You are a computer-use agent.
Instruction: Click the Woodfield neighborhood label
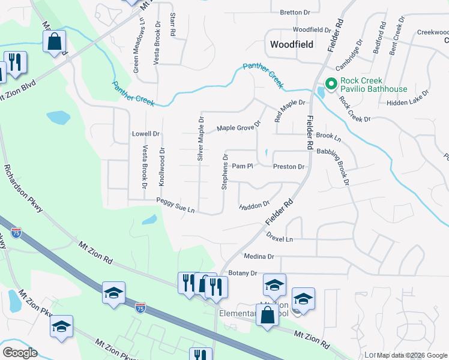pyautogui.click(x=292, y=44)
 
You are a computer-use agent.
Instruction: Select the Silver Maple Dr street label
pyautogui.click(x=200, y=139)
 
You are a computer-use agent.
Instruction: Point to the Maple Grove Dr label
pyautogui.click(x=239, y=127)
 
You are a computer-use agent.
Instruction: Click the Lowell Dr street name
pyautogui.click(x=146, y=134)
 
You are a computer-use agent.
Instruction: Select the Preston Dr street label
pyautogui.click(x=289, y=167)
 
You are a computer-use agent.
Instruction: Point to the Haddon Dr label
pyautogui.click(x=254, y=206)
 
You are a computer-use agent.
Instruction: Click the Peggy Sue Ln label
pyautogui.click(x=175, y=205)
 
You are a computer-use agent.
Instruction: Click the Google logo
pyautogui.click(x=20, y=353)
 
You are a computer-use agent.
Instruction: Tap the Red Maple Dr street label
pyautogui.click(x=290, y=110)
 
